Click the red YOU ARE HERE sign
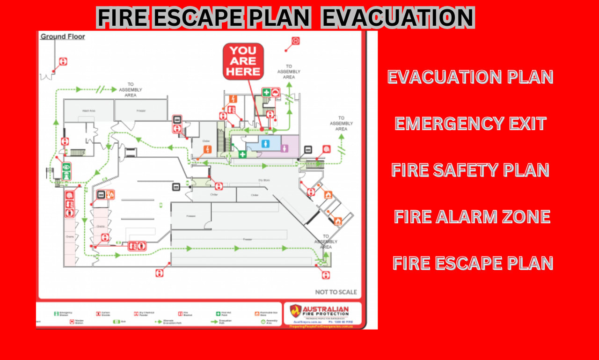[x=243, y=61]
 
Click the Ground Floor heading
[x=63, y=37]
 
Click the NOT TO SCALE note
[x=336, y=292]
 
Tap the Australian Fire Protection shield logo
[x=295, y=311]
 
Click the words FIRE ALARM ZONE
[x=472, y=217]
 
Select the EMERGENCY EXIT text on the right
[x=470, y=124]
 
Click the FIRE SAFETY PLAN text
[x=470, y=170]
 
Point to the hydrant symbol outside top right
[x=295, y=41]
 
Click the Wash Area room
[x=88, y=111]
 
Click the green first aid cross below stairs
[x=242, y=154]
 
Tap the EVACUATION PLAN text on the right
[x=470, y=77]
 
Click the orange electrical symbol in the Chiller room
[x=207, y=150]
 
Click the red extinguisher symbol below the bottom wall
[x=160, y=272]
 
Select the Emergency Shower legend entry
[x=63, y=313]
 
